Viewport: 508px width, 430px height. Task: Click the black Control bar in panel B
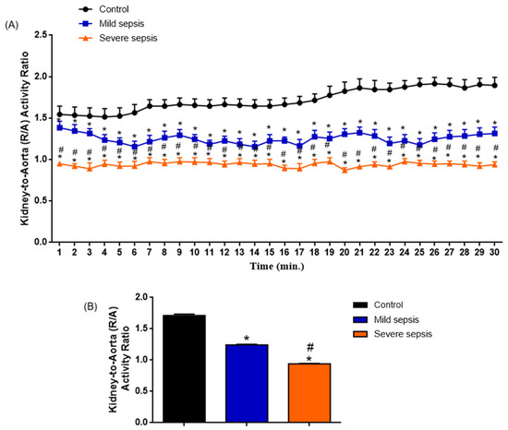(184, 368)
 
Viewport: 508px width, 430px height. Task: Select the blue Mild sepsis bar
(247, 383)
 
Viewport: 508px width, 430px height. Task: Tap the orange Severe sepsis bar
(309, 393)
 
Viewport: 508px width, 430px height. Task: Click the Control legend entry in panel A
(103, 9)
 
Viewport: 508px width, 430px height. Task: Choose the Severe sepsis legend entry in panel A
(118, 38)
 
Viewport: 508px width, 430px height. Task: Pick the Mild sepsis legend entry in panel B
(386, 319)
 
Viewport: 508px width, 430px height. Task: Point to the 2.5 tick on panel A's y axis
(41, 35)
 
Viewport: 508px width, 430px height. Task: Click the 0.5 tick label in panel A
(41, 200)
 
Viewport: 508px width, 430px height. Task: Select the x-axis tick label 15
(269, 252)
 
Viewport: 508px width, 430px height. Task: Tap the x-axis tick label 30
(494, 252)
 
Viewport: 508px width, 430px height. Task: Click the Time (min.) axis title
(277, 267)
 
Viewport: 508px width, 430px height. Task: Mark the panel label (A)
(12, 25)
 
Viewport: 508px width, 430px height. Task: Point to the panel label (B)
(91, 306)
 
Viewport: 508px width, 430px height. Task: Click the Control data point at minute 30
(494, 86)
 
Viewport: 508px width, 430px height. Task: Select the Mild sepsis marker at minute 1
(60, 127)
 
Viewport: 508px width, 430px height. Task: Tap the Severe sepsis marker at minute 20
(345, 170)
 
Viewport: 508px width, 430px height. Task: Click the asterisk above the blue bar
(247, 339)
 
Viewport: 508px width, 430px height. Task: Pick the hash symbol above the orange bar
(310, 348)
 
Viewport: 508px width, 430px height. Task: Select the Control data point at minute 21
(359, 88)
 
